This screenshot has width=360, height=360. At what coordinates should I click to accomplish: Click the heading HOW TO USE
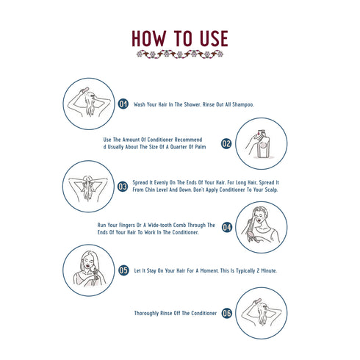click(179, 38)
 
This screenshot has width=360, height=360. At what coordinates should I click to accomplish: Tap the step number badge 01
click(123, 104)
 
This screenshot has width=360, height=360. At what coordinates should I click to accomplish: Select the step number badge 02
click(226, 144)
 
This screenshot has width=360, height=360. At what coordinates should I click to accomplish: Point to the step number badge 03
click(123, 186)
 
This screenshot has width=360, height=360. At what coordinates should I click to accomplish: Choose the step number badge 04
click(227, 227)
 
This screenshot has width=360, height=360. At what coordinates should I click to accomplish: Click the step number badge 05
click(123, 270)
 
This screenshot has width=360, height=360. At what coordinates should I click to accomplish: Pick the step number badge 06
click(227, 313)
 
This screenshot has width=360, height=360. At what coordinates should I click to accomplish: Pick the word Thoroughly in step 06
click(149, 314)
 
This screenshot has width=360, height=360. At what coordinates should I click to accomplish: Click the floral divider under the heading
click(179, 54)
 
